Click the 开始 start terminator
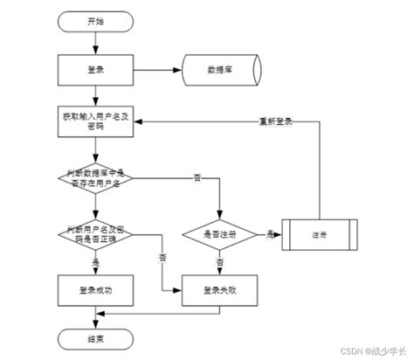click(94, 21)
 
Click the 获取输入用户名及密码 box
click(95, 121)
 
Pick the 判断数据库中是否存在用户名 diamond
click(95, 178)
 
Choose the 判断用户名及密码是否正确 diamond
click(95, 234)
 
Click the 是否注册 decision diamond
click(218, 234)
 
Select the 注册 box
click(321, 234)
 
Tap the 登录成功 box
click(95, 289)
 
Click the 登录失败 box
click(218, 289)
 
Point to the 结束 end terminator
click(94, 337)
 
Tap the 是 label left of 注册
click(270, 233)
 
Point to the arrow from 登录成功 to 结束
click(95, 316)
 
